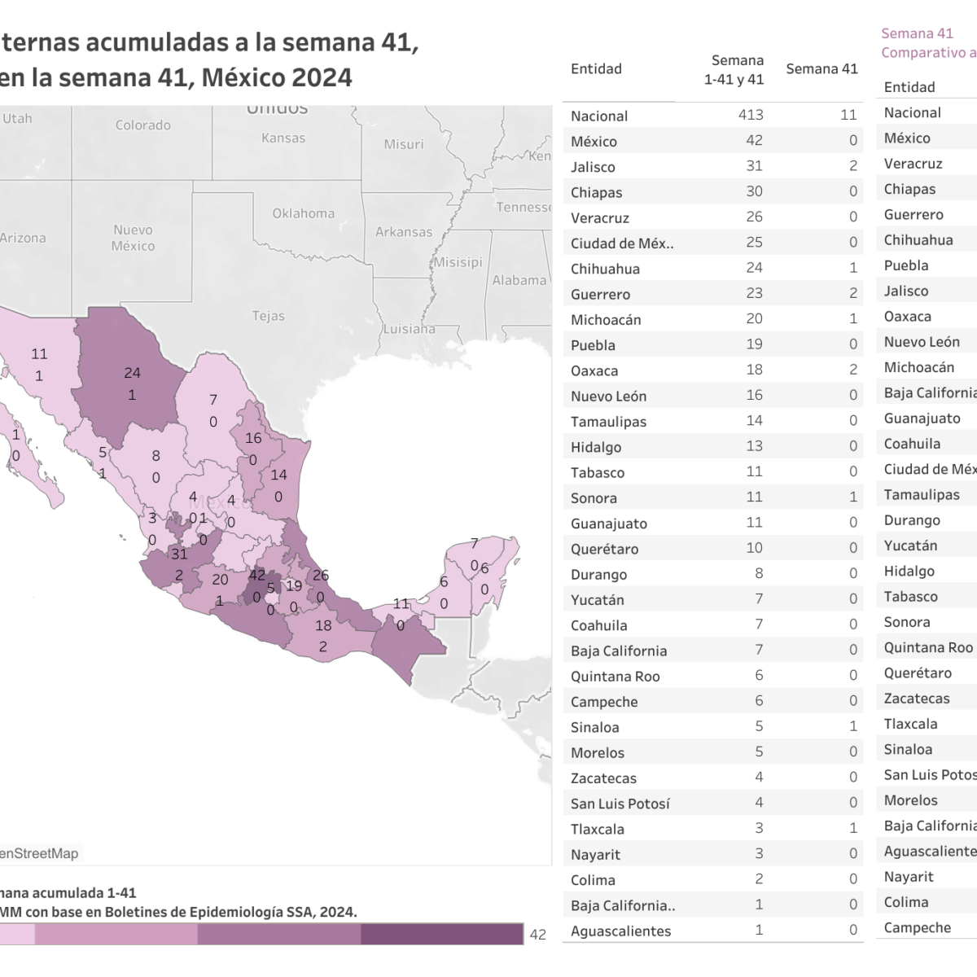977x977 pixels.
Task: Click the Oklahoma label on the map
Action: pos(303,213)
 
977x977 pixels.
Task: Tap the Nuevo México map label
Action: pos(133,238)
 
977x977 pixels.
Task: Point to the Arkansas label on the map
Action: pos(404,232)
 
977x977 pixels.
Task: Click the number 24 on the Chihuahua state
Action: pos(132,373)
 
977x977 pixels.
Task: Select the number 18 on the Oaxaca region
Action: pos(323,625)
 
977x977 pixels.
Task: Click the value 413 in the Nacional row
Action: pos(751,116)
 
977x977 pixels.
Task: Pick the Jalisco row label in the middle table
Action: pos(593,167)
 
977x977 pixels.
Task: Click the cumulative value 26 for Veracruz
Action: pos(755,217)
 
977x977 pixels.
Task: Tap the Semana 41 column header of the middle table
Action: pos(821,69)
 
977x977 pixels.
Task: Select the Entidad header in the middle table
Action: pos(596,69)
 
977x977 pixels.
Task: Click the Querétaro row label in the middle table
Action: pos(604,549)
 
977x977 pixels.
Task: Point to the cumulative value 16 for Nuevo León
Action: pos(755,396)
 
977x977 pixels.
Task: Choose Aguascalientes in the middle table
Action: pos(620,931)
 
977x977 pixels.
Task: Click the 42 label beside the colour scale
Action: pos(538,935)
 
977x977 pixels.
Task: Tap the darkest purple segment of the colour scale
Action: pos(441,934)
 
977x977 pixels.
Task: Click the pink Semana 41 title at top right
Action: pos(917,33)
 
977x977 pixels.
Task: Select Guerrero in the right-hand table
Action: pos(913,215)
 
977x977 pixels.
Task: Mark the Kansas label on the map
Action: pos(283,138)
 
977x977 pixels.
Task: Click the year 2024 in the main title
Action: pos(322,77)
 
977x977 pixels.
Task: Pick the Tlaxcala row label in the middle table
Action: pos(597,829)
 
